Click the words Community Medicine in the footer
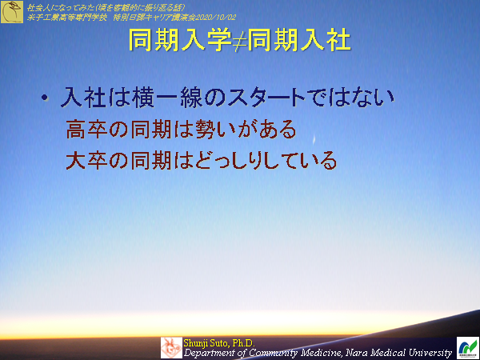pyautogui.click(x=269, y=352)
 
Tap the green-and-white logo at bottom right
pyautogui.click(x=466, y=347)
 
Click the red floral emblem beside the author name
pyautogui.click(x=171, y=347)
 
